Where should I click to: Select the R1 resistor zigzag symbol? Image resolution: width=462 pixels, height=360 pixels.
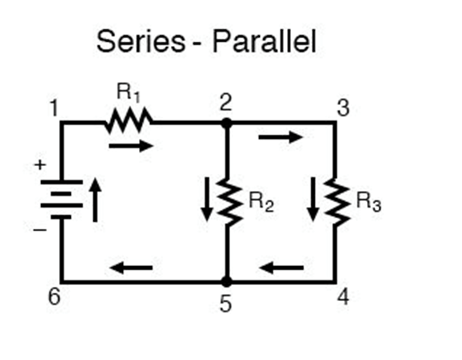click(129, 122)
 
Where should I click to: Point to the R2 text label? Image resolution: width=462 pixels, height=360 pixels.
click(261, 202)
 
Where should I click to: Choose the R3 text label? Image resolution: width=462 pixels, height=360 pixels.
click(368, 202)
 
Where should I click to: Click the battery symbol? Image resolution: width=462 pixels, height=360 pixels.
click(62, 198)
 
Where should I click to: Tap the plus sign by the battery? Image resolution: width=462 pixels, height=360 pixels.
click(40, 165)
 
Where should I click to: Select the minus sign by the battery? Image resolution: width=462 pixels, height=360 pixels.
click(40, 230)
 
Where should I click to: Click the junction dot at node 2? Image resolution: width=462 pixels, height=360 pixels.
click(226, 123)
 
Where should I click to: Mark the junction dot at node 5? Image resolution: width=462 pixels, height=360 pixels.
click(226, 282)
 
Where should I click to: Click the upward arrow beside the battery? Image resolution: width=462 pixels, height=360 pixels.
click(96, 199)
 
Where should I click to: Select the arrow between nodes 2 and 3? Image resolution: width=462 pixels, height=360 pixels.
click(281, 137)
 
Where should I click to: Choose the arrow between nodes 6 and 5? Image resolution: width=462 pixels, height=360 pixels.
click(131, 267)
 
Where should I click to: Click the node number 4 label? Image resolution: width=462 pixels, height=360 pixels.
click(342, 297)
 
